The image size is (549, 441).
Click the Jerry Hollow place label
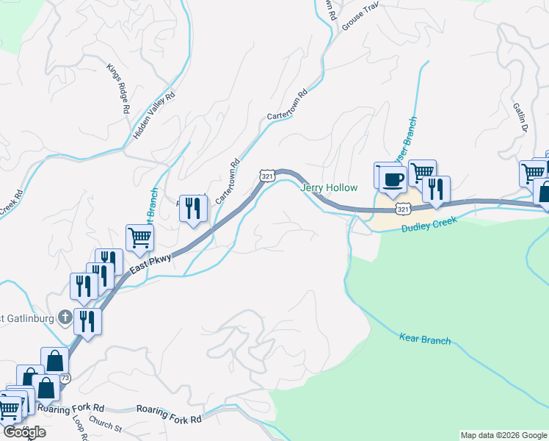coord(329,187)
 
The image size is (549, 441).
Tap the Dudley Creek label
coord(429,225)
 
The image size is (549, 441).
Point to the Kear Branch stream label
coord(425,340)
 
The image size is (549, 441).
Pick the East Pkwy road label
coord(150,265)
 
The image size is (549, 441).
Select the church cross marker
coord(65,318)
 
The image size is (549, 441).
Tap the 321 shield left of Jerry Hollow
coord(267,176)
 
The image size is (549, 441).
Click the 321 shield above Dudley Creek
coord(403,210)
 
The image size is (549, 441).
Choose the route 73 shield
coord(65,378)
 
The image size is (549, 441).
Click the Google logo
coord(23,432)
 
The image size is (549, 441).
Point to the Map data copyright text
coord(503,435)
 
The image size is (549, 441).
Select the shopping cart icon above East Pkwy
coord(139,237)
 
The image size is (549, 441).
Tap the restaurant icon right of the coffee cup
coord(436,189)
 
